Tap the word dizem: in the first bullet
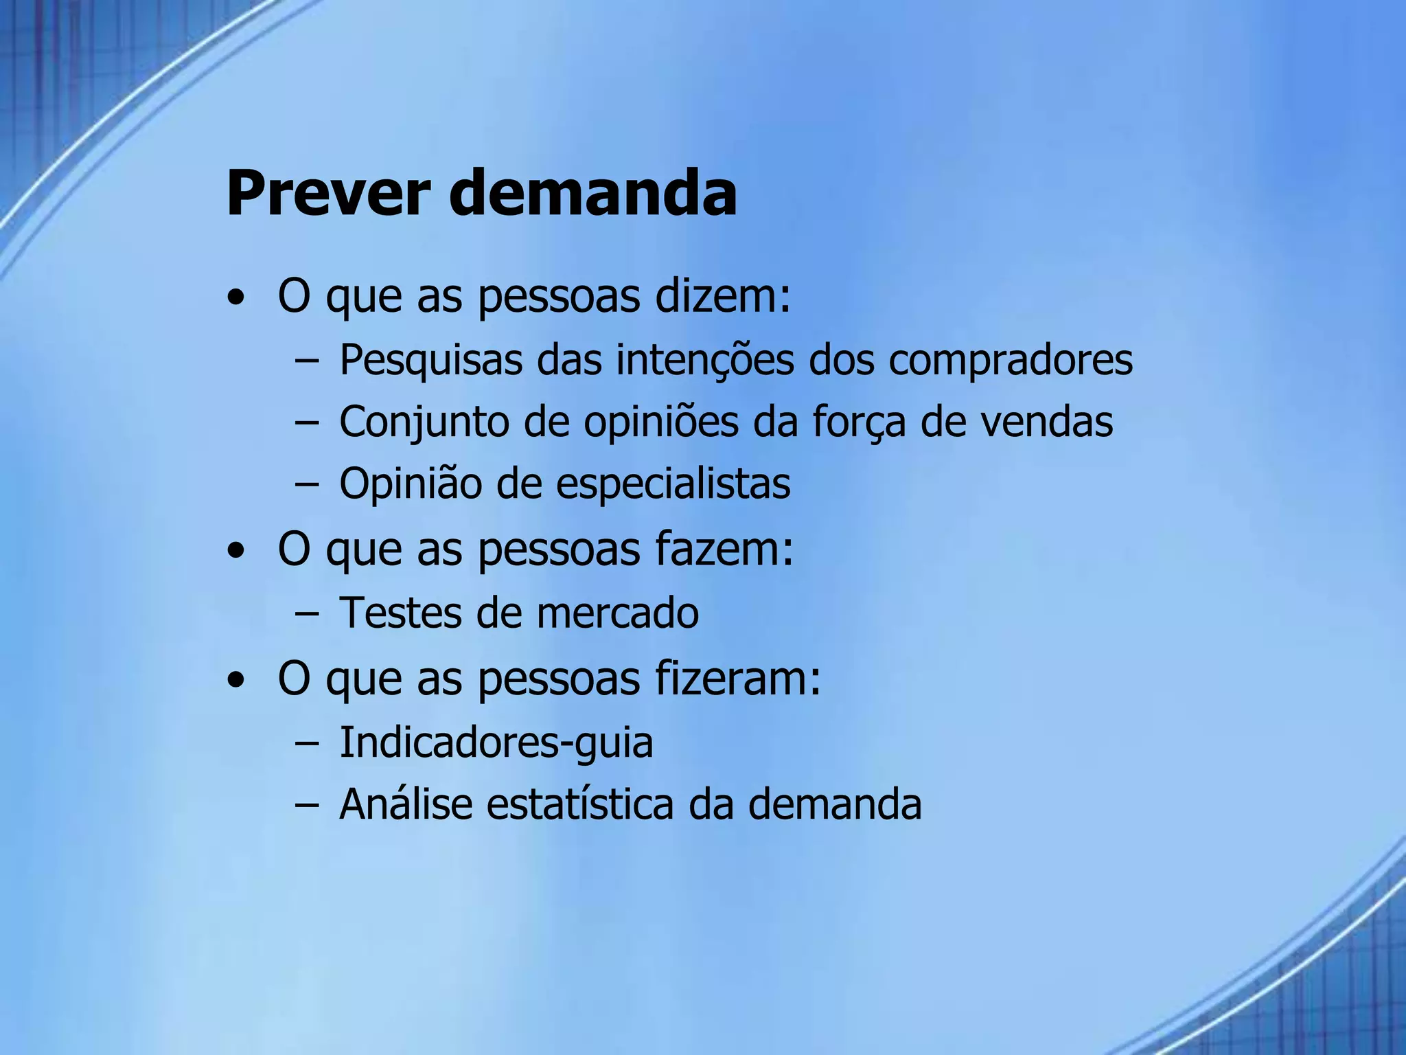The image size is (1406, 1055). click(723, 297)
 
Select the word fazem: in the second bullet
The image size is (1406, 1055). click(724, 549)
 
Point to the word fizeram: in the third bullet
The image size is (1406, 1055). click(738, 679)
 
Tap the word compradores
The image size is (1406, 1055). click(1011, 360)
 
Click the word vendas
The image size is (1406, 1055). click(1046, 421)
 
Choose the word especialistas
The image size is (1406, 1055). click(673, 484)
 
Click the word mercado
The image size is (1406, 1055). click(617, 613)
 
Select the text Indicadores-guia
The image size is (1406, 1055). click(496, 742)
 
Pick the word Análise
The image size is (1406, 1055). click(406, 804)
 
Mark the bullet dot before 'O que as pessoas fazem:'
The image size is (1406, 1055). click(236, 552)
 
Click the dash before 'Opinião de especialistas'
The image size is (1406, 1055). click(306, 484)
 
